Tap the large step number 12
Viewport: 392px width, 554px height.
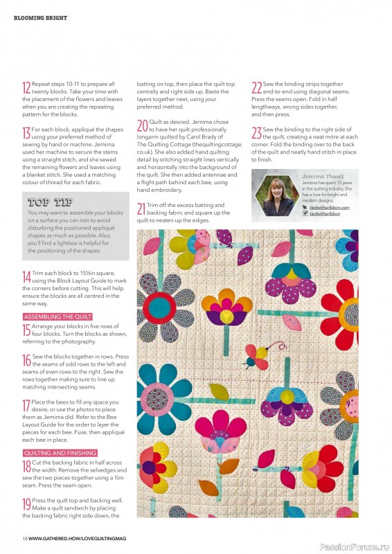(x=26, y=87)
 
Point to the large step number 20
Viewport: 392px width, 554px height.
(x=142, y=126)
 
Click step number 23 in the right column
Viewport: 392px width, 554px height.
(x=256, y=132)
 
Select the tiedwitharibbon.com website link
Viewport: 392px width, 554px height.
(x=330, y=207)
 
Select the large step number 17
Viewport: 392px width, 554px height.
(x=26, y=406)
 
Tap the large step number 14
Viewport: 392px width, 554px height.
(x=26, y=277)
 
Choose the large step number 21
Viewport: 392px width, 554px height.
(x=141, y=208)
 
